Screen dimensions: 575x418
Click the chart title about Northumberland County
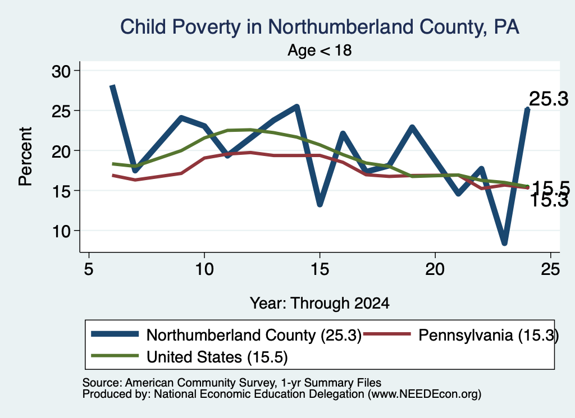[x=320, y=27]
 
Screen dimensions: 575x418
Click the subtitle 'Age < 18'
[x=320, y=50]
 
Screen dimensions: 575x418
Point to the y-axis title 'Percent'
[x=25, y=157]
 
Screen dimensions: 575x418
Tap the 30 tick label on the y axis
[x=61, y=71]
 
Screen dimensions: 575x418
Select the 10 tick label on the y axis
[x=61, y=231]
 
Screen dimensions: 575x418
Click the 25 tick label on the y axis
[x=61, y=111]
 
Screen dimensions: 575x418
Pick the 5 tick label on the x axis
[x=88, y=270]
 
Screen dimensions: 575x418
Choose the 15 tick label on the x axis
[x=320, y=270]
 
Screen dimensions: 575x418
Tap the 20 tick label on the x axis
[x=435, y=270]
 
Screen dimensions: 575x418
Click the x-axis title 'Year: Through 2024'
[x=320, y=304]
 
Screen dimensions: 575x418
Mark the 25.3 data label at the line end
[x=549, y=99]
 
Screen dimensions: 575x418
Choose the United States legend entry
[x=189, y=357]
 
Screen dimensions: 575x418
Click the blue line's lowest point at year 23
[x=505, y=242]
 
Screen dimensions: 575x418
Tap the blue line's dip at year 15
[x=320, y=204]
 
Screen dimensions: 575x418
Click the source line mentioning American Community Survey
[x=232, y=383]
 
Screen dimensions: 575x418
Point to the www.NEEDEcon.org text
[x=425, y=394]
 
